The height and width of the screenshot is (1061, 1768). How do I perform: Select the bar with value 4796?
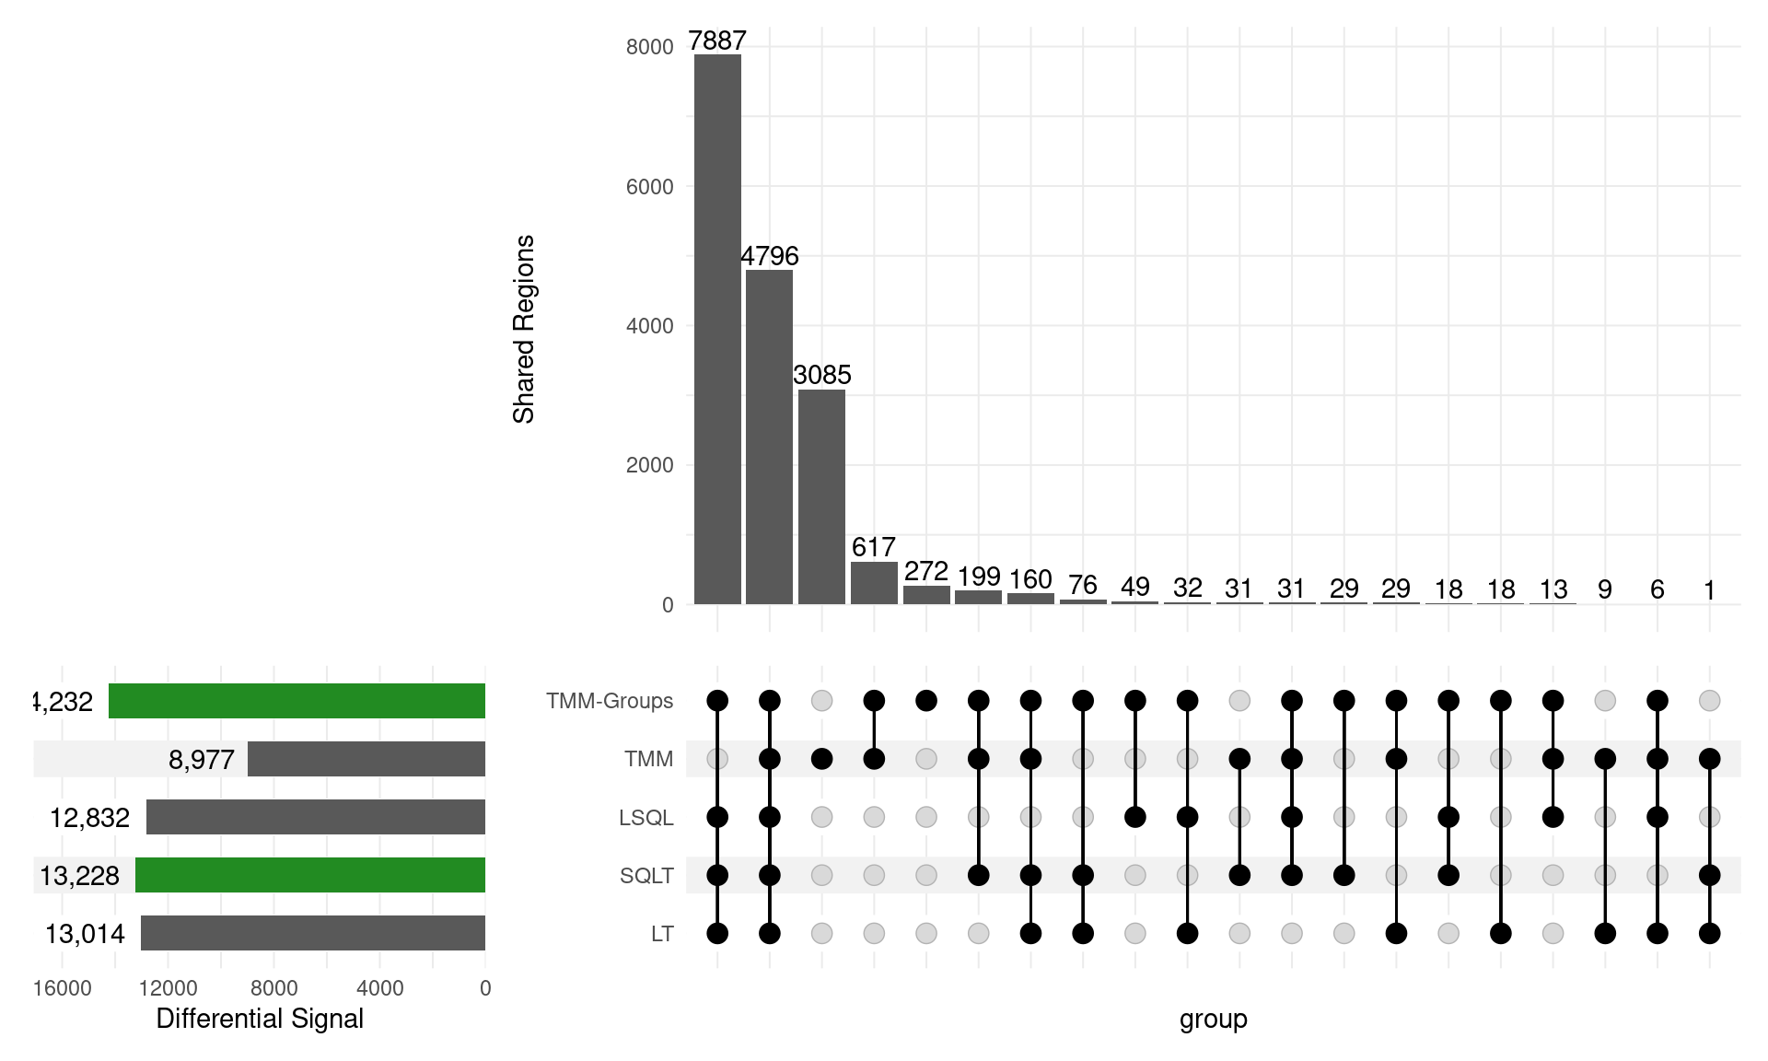(769, 437)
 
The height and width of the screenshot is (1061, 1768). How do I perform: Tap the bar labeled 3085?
(821, 496)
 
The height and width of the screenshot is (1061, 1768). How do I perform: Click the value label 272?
(925, 571)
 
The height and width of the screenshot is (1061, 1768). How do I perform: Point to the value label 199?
(978, 577)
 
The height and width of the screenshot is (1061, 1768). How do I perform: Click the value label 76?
(1083, 585)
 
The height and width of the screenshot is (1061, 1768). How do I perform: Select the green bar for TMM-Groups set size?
(297, 701)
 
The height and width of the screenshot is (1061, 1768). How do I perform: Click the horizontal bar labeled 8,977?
(366, 759)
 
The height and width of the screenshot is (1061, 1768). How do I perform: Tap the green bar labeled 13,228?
(310, 875)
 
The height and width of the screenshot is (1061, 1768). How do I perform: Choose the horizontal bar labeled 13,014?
(313, 933)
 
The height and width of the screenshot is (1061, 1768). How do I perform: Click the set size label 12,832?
(89, 818)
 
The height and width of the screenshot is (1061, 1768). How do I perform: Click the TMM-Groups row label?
(610, 701)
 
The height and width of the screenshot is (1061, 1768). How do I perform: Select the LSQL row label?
(646, 818)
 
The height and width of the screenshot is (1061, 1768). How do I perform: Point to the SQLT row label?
(646, 876)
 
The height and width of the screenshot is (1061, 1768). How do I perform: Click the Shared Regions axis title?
(523, 329)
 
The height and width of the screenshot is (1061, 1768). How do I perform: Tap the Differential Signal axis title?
(260, 1019)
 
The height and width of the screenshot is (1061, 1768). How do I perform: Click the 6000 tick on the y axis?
(649, 187)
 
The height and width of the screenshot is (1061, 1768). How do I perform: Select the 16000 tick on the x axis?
(62, 988)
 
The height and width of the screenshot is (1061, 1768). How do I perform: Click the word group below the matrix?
(1213, 1019)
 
